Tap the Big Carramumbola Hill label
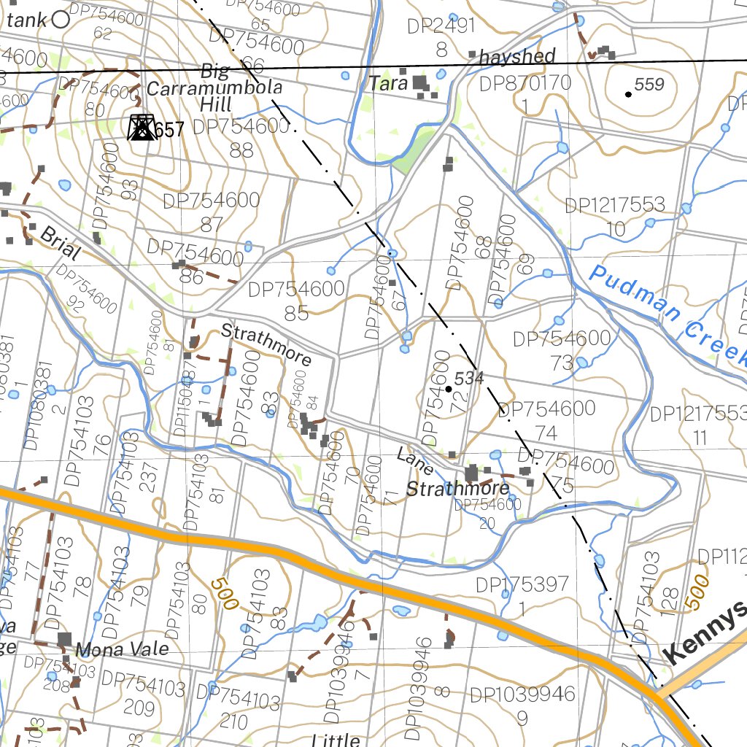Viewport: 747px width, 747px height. (x=214, y=88)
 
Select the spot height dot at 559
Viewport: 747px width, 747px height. (x=628, y=93)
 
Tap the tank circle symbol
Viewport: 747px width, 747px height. (x=61, y=20)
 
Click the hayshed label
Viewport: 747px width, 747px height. (x=518, y=56)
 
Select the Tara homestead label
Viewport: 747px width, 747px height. (x=388, y=83)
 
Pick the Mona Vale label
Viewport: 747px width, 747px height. (x=122, y=649)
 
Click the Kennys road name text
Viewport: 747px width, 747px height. (x=705, y=633)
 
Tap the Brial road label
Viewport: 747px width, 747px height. (x=60, y=244)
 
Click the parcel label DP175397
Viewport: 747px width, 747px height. (x=522, y=584)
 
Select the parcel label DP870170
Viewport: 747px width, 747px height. (x=525, y=83)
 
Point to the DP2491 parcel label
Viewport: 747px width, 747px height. (x=441, y=26)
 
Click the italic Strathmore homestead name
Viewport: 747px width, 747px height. (x=457, y=488)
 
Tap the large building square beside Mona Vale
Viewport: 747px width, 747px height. (x=65, y=640)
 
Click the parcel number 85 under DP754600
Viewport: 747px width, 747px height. (x=296, y=314)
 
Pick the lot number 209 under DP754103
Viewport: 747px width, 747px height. (x=139, y=707)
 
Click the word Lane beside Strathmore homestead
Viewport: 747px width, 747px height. (x=415, y=461)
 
